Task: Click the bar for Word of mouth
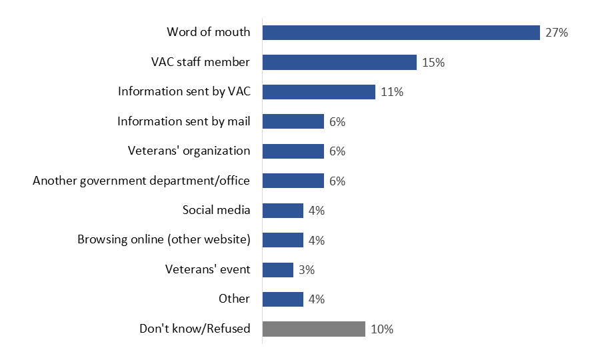tap(401, 33)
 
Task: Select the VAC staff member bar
tap(339, 63)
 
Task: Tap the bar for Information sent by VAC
tap(319, 92)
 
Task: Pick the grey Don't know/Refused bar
tap(313, 329)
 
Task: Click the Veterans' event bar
tap(278, 269)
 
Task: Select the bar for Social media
tap(283, 211)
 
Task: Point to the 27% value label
tap(556, 33)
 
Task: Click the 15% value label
tap(433, 63)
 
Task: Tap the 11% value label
tap(392, 92)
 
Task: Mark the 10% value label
tap(382, 329)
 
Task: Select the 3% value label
tap(307, 269)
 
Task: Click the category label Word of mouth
tap(209, 32)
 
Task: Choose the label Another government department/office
tap(141, 181)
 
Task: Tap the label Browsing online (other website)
tap(164, 239)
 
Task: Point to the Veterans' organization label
tap(189, 151)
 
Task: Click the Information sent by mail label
tap(184, 121)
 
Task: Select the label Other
tap(234, 299)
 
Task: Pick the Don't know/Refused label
tap(195, 329)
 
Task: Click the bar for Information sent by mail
tap(293, 121)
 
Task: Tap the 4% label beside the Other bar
tap(316, 299)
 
